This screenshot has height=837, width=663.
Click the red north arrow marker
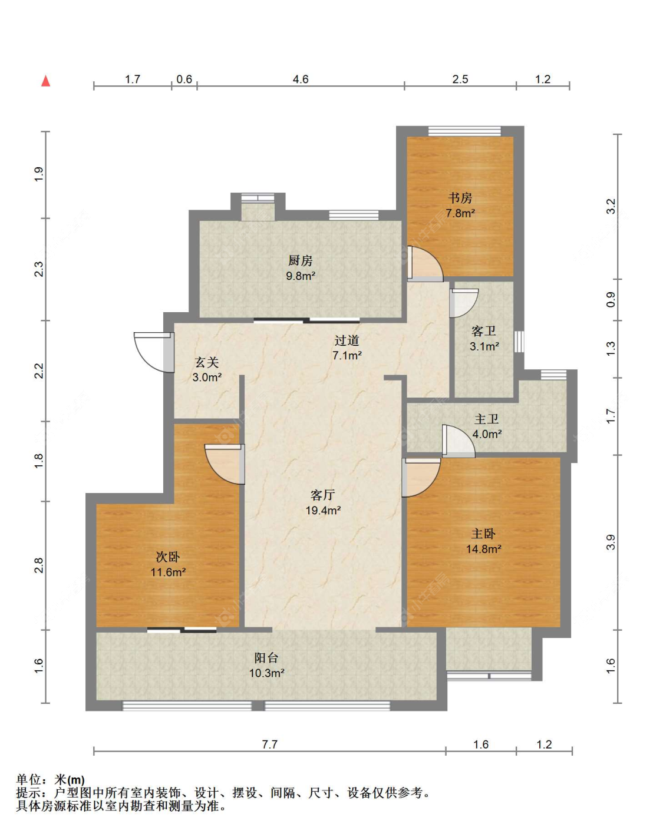[46, 81]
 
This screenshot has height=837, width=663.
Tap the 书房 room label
[460, 199]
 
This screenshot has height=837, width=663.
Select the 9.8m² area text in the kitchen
[301, 276]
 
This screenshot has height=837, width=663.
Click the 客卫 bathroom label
[484, 332]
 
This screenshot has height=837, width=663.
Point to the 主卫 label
[486, 419]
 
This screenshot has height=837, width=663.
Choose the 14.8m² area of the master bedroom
[484, 549]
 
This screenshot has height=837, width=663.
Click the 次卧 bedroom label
[168, 557]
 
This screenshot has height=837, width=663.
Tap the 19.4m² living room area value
[323, 510]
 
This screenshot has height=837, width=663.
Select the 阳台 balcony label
[266, 658]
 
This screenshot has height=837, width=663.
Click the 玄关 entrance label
[207, 362]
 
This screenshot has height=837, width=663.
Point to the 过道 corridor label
[347, 340]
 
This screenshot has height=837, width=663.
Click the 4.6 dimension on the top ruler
[301, 80]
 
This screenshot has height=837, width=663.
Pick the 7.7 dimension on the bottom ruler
[270, 745]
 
